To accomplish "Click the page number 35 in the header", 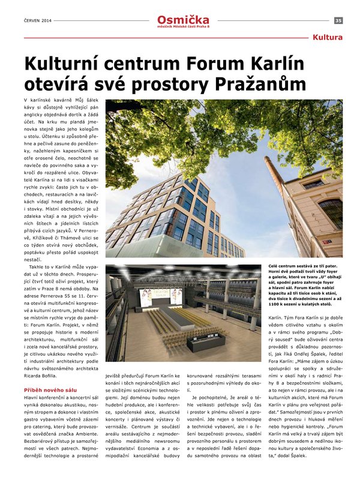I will click(x=338, y=20).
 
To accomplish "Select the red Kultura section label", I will click(x=328, y=38).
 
